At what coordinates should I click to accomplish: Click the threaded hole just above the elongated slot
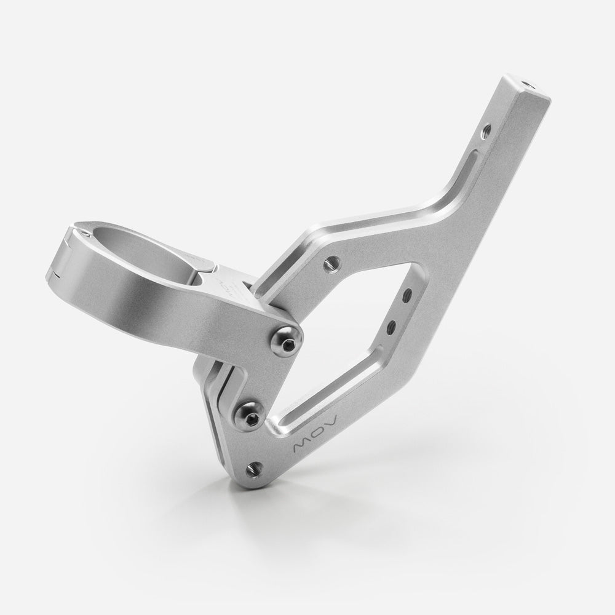point(486,130)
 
